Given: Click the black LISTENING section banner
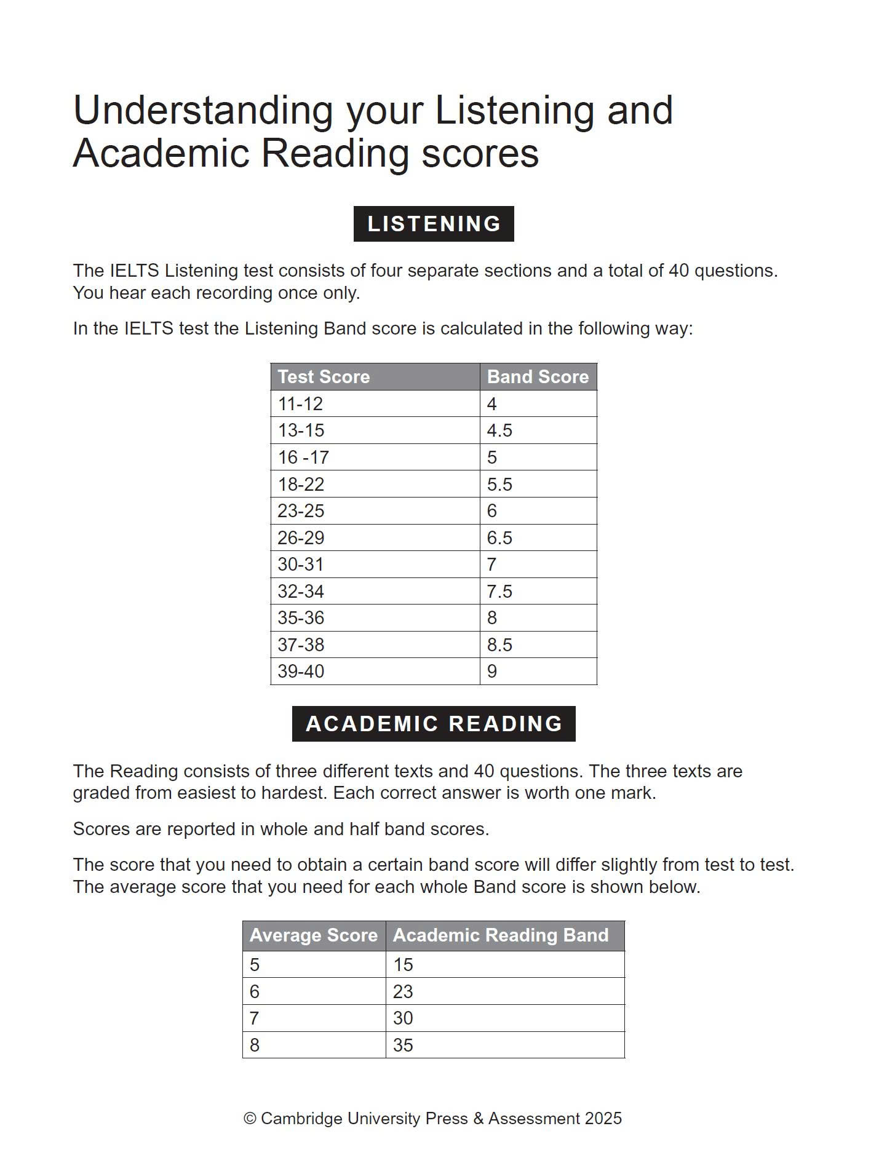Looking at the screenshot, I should (x=434, y=224).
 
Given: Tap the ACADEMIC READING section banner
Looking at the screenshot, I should (x=434, y=724).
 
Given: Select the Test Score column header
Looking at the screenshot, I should (x=324, y=377).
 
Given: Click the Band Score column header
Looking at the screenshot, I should (x=538, y=377).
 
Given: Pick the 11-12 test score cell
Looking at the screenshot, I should (x=300, y=404).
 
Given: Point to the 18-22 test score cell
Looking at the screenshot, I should (x=301, y=485).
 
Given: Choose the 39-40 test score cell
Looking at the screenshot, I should (x=301, y=672).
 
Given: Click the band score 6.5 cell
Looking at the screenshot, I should (x=499, y=538).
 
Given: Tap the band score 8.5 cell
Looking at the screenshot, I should (x=499, y=645).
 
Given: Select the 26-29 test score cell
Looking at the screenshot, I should (x=301, y=538).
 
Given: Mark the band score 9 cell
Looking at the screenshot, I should (x=492, y=672).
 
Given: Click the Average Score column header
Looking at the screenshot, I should (x=313, y=935).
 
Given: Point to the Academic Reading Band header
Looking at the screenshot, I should (x=501, y=935).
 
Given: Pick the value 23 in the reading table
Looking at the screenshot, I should (x=403, y=992).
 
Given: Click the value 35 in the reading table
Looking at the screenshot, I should (x=403, y=1045).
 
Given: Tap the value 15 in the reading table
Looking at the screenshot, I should (x=403, y=965).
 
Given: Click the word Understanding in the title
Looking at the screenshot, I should (x=203, y=111).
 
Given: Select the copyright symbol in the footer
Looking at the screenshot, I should (x=250, y=1119).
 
